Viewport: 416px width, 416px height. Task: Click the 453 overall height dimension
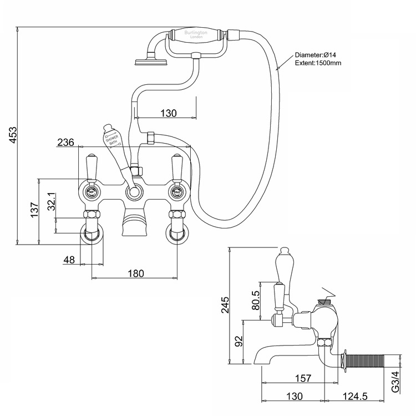[14, 135]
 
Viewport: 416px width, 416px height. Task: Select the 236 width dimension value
[66, 143]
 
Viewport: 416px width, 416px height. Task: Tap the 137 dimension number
[34, 210]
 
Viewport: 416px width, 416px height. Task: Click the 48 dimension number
[70, 260]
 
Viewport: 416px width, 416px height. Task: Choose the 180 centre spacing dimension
[135, 273]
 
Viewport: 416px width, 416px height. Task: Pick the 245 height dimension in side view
[224, 305]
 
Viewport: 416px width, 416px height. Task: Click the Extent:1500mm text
[318, 63]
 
